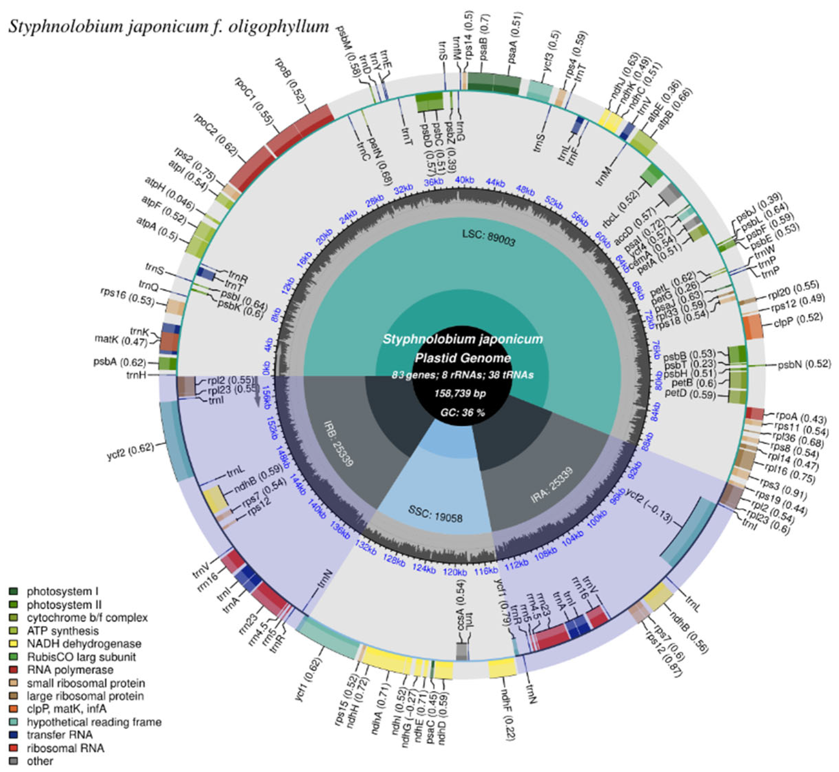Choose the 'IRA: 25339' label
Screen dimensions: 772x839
pos(551,485)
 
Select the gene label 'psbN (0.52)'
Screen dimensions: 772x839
pos(803,365)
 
